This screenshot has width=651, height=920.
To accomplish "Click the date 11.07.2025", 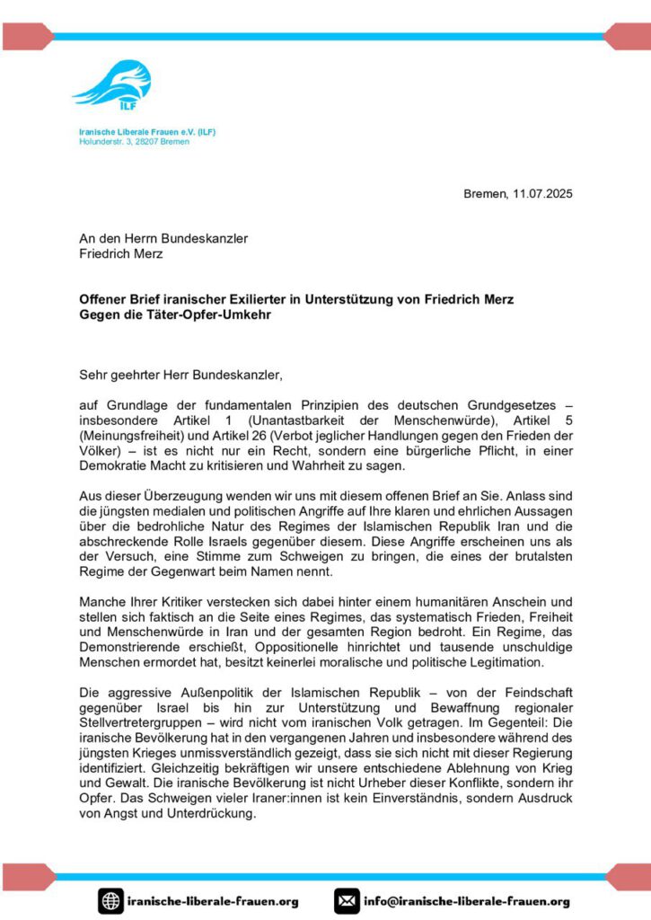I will [542, 193].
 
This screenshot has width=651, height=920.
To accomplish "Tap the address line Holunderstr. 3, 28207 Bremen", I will [134, 142].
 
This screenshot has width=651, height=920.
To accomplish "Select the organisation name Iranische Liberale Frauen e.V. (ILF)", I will [147, 132].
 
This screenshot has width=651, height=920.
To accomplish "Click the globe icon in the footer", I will [110, 900].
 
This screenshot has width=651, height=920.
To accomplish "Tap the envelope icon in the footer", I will [347, 900].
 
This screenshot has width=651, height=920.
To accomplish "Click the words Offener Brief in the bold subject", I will [118, 297].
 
